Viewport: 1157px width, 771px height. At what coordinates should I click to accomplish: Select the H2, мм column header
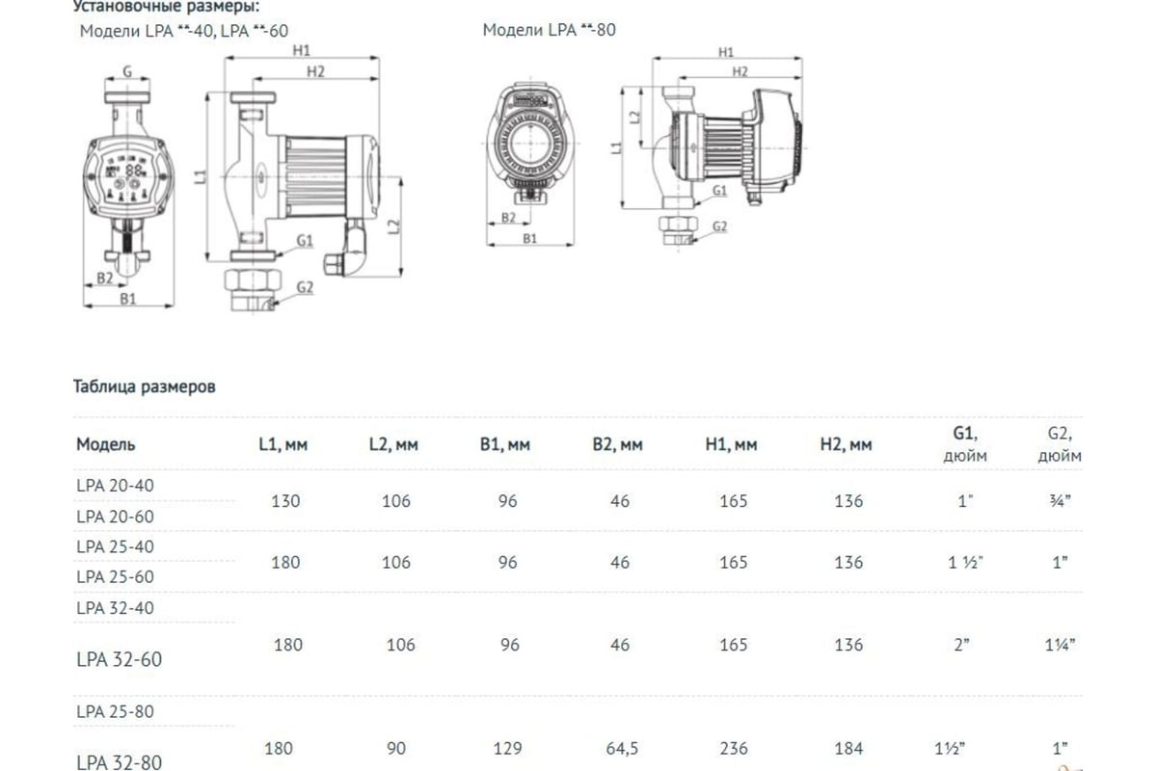click(x=846, y=445)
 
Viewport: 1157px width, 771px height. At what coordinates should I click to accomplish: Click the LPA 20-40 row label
click(x=115, y=486)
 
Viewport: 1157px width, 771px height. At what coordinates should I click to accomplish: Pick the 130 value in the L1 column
click(x=286, y=501)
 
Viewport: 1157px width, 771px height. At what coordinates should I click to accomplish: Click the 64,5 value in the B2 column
click(x=619, y=748)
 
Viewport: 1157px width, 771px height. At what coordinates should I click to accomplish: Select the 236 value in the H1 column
click(x=734, y=748)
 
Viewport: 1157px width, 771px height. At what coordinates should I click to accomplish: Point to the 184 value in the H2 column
click(x=849, y=748)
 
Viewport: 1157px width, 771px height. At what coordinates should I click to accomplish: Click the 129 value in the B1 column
click(x=508, y=748)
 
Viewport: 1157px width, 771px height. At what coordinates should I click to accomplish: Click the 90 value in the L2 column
click(x=396, y=748)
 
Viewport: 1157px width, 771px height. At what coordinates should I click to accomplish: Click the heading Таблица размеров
click(x=145, y=387)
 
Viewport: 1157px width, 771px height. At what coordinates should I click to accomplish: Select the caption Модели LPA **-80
click(x=549, y=30)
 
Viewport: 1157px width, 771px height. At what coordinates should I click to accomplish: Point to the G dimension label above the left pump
click(x=127, y=70)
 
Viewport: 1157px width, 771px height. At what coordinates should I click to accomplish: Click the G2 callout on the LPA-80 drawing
click(x=718, y=227)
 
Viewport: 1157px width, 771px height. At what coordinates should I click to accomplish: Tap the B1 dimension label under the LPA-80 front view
click(x=529, y=237)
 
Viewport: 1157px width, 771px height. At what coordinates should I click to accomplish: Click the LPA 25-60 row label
click(x=115, y=576)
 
